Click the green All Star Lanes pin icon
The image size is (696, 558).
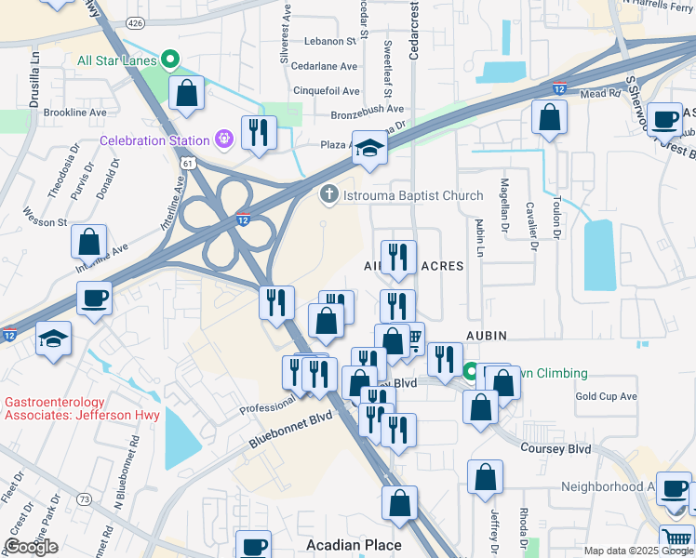(170, 60)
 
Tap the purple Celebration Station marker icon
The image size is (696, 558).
(223, 140)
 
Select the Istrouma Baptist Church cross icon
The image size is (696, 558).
(328, 195)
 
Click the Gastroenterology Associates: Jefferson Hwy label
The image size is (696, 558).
(83, 409)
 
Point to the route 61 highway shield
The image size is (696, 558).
(188, 163)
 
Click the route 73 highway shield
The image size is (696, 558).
(85, 499)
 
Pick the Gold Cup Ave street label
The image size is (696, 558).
(606, 396)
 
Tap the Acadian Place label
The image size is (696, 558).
(355, 545)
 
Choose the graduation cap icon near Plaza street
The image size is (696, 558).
(369, 148)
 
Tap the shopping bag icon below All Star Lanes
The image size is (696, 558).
(187, 93)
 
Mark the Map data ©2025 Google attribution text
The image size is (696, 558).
(637, 551)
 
